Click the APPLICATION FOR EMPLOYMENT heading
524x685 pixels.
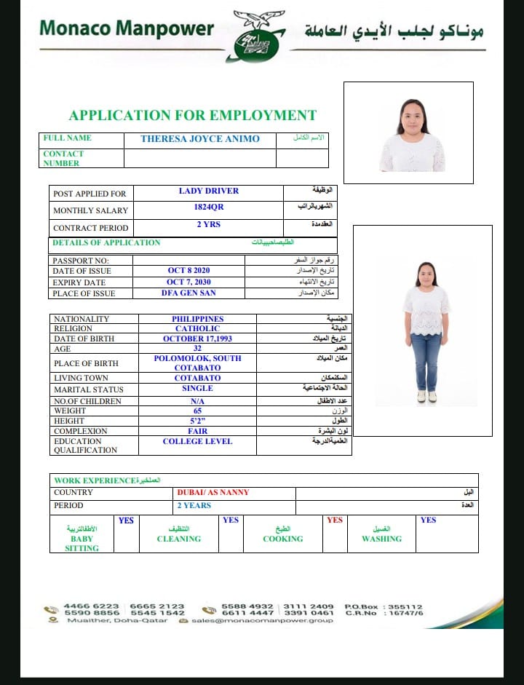point(192,115)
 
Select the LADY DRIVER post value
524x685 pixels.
point(208,191)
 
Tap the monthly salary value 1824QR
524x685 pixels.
point(208,207)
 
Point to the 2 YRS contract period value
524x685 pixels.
point(208,224)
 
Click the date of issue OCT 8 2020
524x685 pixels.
point(188,270)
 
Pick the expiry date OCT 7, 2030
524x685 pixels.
point(188,282)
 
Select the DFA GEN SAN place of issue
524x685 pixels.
point(188,293)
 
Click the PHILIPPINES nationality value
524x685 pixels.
point(197,319)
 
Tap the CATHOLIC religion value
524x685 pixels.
point(197,328)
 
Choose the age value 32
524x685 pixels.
point(197,348)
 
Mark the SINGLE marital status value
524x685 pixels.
point(197,389)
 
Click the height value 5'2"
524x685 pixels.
point(197,421)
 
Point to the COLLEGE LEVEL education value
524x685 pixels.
point(197,441)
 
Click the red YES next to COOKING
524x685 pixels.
point(335,520)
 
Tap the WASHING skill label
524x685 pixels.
point(381,539)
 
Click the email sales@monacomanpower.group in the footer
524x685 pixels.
point(262,620)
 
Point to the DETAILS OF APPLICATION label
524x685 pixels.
point(106,242)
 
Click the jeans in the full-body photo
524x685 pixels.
point(426,360)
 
